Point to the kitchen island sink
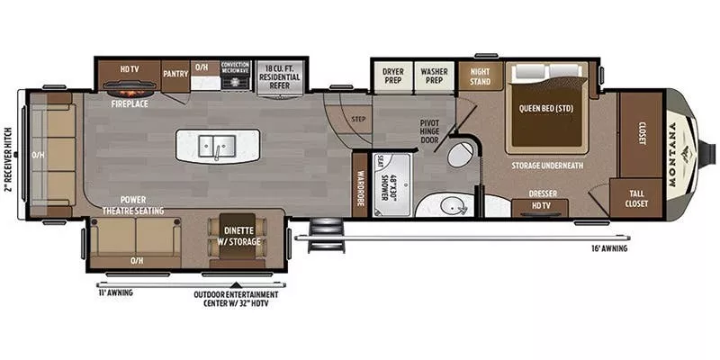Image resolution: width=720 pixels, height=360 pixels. [217, 145]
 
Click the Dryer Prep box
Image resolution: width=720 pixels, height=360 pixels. [392, 76]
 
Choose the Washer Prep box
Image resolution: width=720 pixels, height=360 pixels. [433, 76]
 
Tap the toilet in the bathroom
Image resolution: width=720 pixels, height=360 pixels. [463, 153]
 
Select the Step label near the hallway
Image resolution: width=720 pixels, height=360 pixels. [358, 119]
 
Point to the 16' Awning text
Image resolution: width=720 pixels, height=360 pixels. [609, 247]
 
